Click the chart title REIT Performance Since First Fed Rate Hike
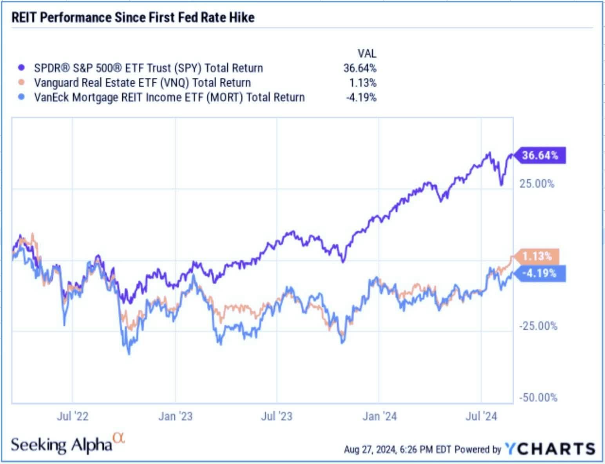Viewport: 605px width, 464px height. [x=133, y=18]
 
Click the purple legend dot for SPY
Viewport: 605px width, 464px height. [x=22, y=68]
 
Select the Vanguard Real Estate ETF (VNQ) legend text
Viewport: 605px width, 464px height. [x=142, y=83]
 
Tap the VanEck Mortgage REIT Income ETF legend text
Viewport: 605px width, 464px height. [x=169, y=97]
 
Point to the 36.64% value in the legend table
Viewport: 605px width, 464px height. [x=360, y=68]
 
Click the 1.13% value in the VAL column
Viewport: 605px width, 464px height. [x=362, y=83]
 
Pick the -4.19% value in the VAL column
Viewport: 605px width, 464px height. [x=361, y=97]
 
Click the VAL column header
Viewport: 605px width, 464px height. [x=366, y=53]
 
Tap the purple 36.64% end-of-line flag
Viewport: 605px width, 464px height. [x=540, y=155]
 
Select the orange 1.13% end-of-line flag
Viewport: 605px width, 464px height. [x=536, y=256]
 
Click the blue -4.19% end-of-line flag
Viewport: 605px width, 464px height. [x=540, y=273]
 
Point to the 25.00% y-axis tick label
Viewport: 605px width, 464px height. [x=536, y=184]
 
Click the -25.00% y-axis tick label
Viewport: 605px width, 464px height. [x=538, y=326]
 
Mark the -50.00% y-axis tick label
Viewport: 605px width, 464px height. [x=538, y=397]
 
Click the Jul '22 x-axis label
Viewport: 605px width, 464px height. [x=72, y=416]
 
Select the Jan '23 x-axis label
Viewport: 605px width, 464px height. [x=175, y=416]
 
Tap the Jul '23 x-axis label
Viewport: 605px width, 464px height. [x=277, y=416]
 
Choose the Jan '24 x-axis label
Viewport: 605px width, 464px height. [x=379, y=416]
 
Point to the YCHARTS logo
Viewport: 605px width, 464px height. [x=550, y=448]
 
